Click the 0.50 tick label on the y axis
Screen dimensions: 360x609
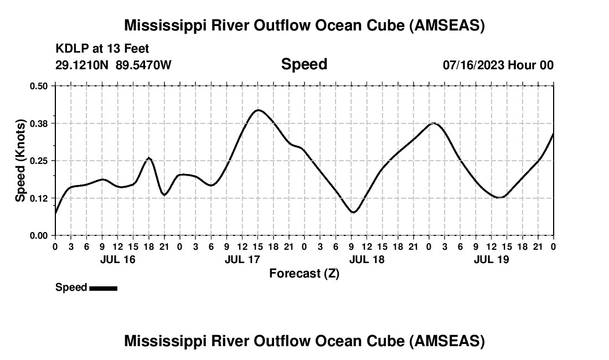click(x=39, y=86)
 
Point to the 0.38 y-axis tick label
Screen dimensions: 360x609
click(x=39, y=123)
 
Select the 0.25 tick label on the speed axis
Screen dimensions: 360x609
click(x=39, y=161)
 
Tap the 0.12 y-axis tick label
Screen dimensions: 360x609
click(x=39, y=198)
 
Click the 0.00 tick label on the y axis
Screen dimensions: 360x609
click(x=39, y=235)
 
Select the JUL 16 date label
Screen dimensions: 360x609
click(x=117, y=259)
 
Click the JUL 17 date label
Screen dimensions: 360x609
click(x=242, y=259)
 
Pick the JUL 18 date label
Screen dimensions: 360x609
click(x=367, y=259)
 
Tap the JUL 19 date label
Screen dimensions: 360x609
click(x=492, y=259)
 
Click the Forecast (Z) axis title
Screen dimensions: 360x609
click(x=304, y=273)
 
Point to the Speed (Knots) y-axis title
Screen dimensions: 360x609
click(x=20, y=160)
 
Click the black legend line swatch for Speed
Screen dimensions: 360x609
click(x=103, y=288)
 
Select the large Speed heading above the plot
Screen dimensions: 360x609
click(x=304, y=64)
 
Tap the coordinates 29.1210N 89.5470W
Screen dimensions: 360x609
click(x=113, y=65)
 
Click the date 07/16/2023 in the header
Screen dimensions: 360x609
click(x=473, y=65)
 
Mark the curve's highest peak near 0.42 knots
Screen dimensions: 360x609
click(x=258, y=110)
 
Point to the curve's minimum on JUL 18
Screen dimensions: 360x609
click(x=353, y=212)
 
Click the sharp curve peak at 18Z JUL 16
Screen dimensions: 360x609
click(x=148, y=158)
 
